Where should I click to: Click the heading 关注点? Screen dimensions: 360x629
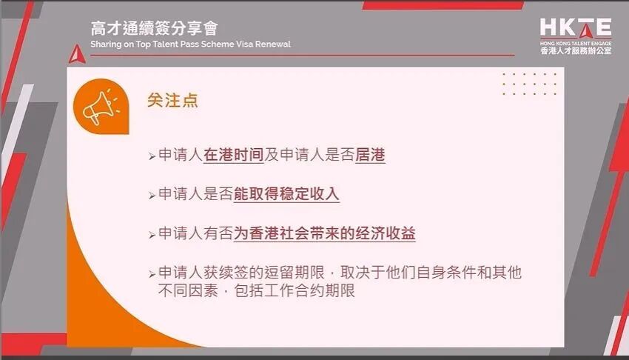[172, 101]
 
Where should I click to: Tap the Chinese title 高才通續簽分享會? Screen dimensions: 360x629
[154, 29]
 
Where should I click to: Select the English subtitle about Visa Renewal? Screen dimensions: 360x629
[190, 44]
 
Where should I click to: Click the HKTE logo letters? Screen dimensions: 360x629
[575, 28]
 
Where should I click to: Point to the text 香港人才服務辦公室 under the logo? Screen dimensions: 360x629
[575, 52]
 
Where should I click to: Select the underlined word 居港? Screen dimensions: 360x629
[370, 156]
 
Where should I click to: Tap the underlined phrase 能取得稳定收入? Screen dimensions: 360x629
[286, 194]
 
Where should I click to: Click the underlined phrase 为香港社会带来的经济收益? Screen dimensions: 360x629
[325, 233]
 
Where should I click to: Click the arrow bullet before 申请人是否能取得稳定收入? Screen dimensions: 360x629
[152, 196]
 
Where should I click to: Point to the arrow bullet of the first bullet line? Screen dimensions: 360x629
[152, 157]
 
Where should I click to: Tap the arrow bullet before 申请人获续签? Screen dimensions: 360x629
[152, 273]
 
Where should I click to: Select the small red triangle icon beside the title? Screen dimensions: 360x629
[75, 53]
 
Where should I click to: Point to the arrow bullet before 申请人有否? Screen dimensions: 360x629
[152, 235]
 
